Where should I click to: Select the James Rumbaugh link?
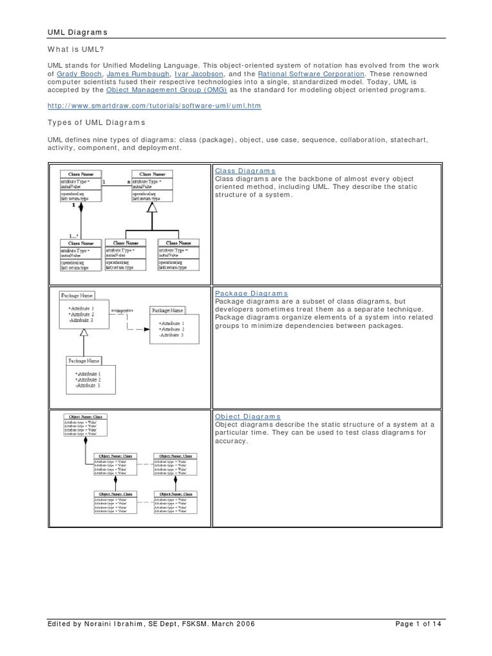tap(134, 74)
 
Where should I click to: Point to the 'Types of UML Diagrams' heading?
tap(97, 122)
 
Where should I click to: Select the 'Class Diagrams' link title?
tap(245, 171)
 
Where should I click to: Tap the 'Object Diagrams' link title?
tap(247, 416)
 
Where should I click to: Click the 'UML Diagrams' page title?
tap(78, 31)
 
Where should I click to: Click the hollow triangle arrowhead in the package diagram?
tap(84, 331)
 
